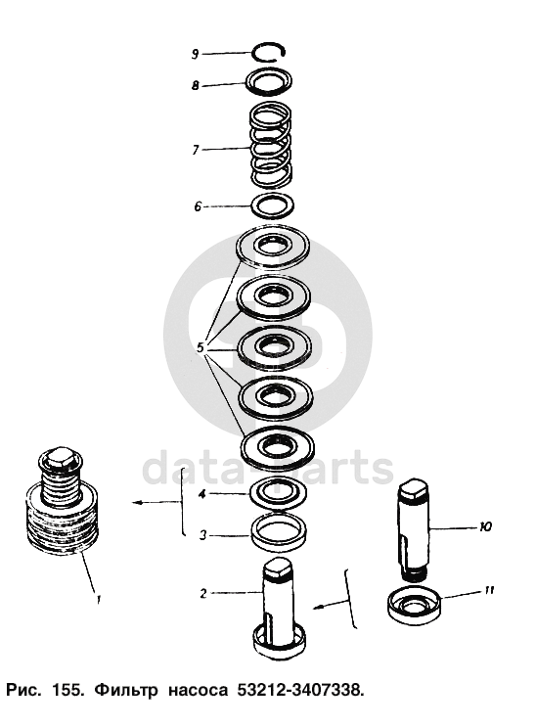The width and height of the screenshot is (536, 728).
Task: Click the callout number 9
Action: (x=196, y=54)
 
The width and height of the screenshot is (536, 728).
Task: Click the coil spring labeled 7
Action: (x=271, y=146)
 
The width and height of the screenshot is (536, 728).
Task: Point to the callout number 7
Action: (x=196, y=150)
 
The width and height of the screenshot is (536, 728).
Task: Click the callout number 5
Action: (x=200, y=347)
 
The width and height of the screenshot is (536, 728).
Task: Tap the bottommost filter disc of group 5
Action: (x=278, y=446)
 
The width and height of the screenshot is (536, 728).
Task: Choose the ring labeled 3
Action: (x=280, y=532)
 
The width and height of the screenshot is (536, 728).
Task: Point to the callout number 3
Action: (x=202, y=535)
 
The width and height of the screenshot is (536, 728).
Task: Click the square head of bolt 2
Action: (x=279, y=569)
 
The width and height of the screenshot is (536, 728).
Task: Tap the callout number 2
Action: (x=203, y=593)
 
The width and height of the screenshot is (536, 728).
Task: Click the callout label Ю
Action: (x=485, y=527)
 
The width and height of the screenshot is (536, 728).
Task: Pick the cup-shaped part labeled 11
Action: (x=414, y=605)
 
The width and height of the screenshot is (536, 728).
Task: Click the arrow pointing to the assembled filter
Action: (x=156, y=502)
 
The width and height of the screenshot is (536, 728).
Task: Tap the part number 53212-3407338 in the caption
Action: (x=299, y=691)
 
